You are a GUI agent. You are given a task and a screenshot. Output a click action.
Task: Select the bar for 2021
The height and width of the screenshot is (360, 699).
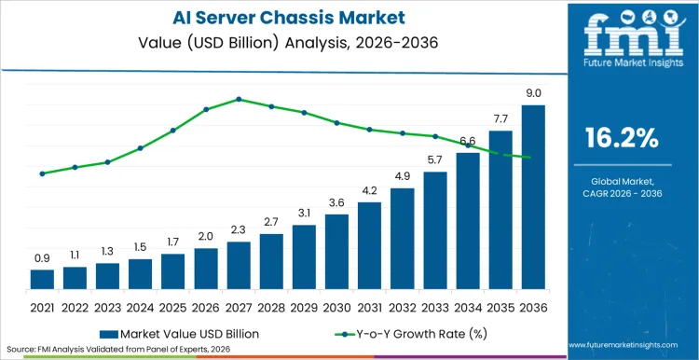pos(42,279)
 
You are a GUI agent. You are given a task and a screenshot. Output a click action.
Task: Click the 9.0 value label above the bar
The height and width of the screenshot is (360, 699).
pos(533,93)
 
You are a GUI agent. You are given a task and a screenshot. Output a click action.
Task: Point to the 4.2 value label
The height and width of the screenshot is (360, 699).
pos(369,190)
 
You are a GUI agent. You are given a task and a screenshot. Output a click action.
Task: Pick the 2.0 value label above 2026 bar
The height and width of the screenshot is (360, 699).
pos(205,236)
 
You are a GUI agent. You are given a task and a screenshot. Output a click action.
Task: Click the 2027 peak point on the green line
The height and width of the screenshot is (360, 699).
pos(239,99)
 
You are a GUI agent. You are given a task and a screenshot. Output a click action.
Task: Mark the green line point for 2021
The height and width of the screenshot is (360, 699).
pos(42,173)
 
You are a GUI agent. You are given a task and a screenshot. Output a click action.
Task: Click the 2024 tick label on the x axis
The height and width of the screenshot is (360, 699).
pos(140,305)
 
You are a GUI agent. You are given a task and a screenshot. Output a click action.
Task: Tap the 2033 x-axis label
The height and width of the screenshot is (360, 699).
pos(434,305)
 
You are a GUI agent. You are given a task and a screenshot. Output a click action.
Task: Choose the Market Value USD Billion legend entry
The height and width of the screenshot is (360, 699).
pos(186,332)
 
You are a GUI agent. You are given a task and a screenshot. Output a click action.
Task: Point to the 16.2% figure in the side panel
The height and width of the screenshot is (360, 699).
pos(622,139)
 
